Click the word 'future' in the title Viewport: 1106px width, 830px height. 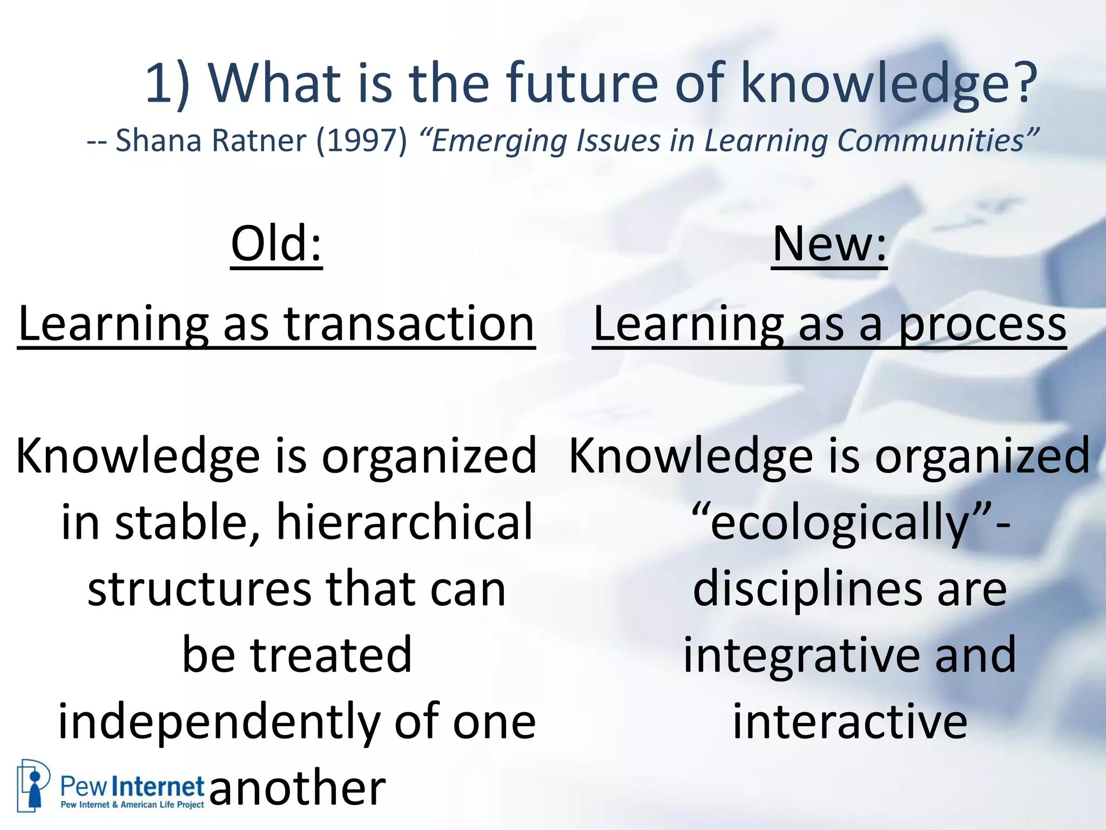(x=582, y=84)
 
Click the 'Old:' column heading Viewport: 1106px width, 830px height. (x=276, y=244)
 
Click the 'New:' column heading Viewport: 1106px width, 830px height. (x=829, y=244)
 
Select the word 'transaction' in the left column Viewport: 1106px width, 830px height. (x=409, y=324)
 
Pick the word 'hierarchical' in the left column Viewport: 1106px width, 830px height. (x=404, y=522)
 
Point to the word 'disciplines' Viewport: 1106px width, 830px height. (x=807, y=589)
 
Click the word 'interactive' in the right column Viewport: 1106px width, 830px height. (x=849, y=722)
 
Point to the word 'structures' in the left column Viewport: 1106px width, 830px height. (x=199, y=589)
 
